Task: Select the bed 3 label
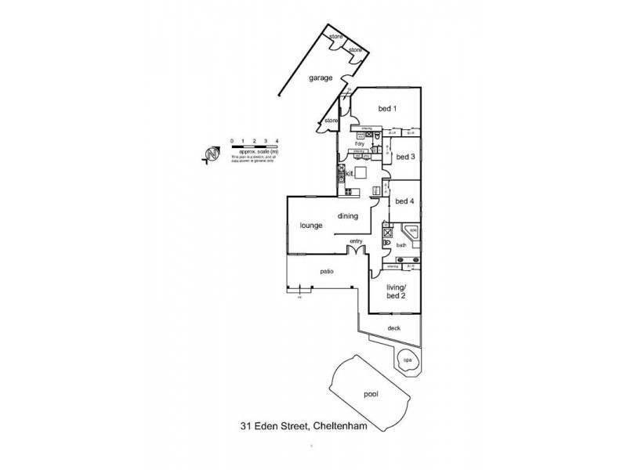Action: [404, 157]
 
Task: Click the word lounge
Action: [311, 226]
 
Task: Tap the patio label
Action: [327, 271]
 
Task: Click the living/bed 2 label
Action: [397, 291]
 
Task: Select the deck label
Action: [393, 328]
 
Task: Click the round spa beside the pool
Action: [407, 360]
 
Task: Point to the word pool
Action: [371, 396]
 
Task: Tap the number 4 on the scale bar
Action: [277, 140]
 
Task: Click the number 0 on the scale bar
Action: [232, 140]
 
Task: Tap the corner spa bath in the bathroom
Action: [410, 233]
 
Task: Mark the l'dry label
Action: [361, 145]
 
